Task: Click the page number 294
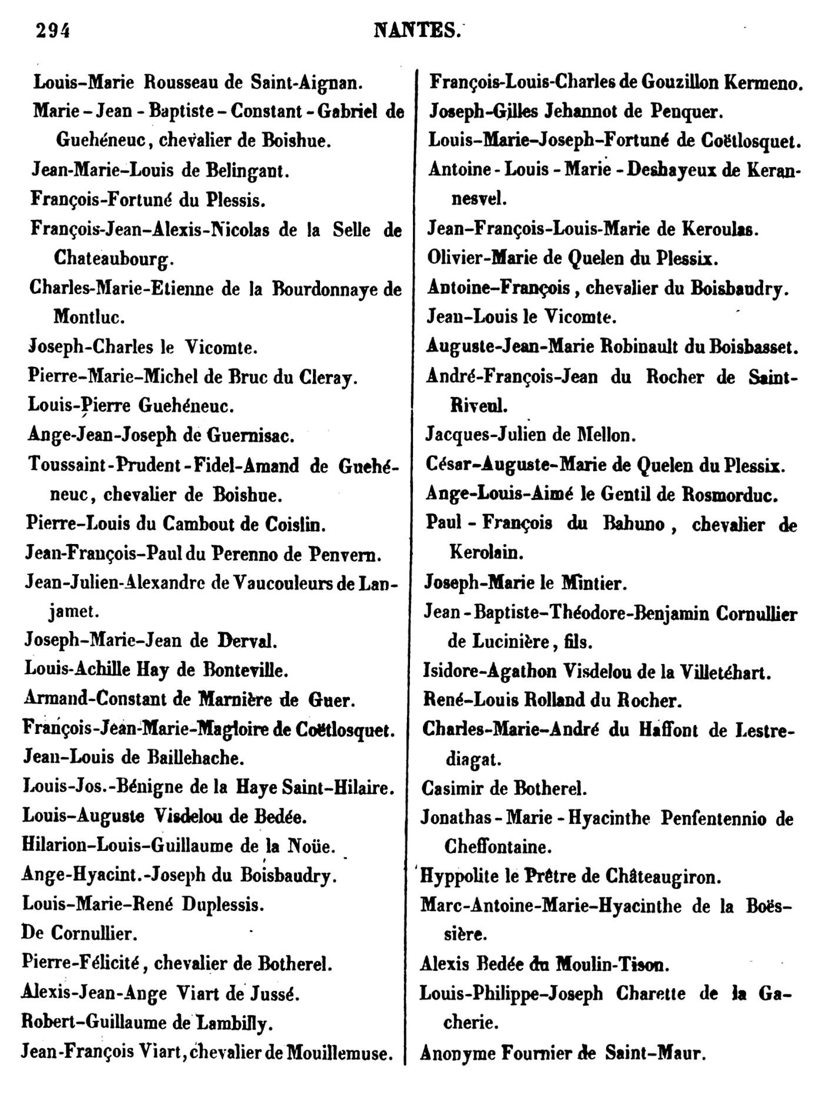(53, 29)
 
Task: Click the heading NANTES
(416, 29)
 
